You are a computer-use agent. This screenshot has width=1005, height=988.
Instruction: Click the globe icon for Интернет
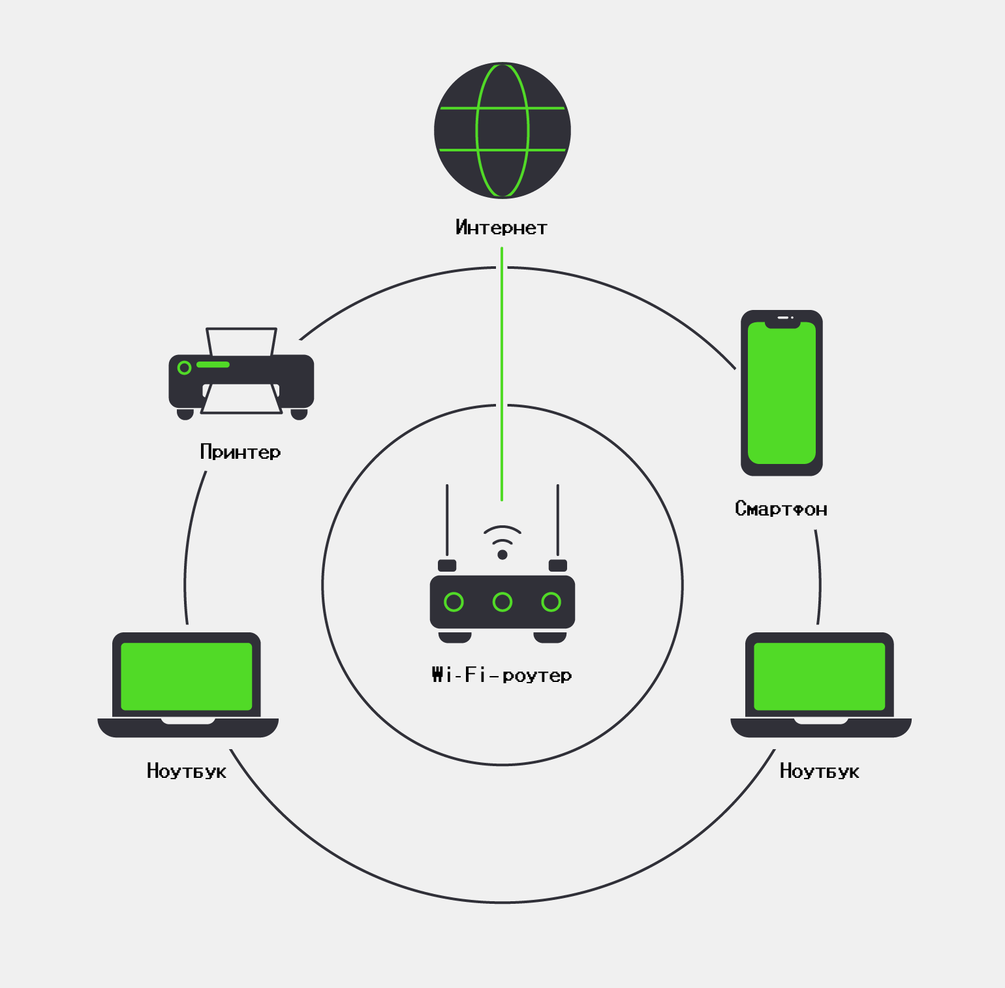pyautogui.click(x=502, y=131)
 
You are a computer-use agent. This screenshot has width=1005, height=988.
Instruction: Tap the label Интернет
pyautogui.click(x=501, y=228)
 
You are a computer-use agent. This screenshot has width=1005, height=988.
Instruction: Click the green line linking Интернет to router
pyautogui.click(x=502, y=372)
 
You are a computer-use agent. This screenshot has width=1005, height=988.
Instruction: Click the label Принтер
pyautogui.click(x=240, y=452)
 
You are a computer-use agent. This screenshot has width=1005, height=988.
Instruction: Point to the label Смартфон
pyautogui.click(x=781, y=509)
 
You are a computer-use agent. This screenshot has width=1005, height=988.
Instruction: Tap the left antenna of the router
pyautogui.click(x=447, y=522)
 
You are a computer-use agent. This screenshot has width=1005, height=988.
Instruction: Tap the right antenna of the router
pyautogui.click(x=557, y=522)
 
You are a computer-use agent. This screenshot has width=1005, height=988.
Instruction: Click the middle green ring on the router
pyautogui.click(x=502, y=602)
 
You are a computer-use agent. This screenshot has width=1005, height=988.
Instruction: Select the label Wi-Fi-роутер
pyautogui.click(x=501, y=675)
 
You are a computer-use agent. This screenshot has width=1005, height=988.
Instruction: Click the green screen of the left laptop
pyautogui.click(x=187, y=676)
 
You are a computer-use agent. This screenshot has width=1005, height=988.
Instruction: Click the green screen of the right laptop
pyautogui.click(x=820, y=676)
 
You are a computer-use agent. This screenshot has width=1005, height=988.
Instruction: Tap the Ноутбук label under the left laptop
pyautogui.click(x=187, y=771)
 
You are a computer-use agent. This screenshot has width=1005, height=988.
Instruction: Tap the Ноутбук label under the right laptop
pyautogui.click(x=820, y=771)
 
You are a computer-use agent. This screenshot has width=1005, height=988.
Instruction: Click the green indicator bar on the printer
pyautogui.click(x=213, y=365)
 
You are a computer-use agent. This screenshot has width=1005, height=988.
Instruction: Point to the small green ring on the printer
pyautogui.click(x=185, y=368)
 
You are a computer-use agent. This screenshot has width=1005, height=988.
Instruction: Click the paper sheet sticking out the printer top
pyautogui.click(x=241, y=341)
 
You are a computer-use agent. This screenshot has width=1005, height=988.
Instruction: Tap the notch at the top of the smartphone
pyautogui.click(x=782, y=320)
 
